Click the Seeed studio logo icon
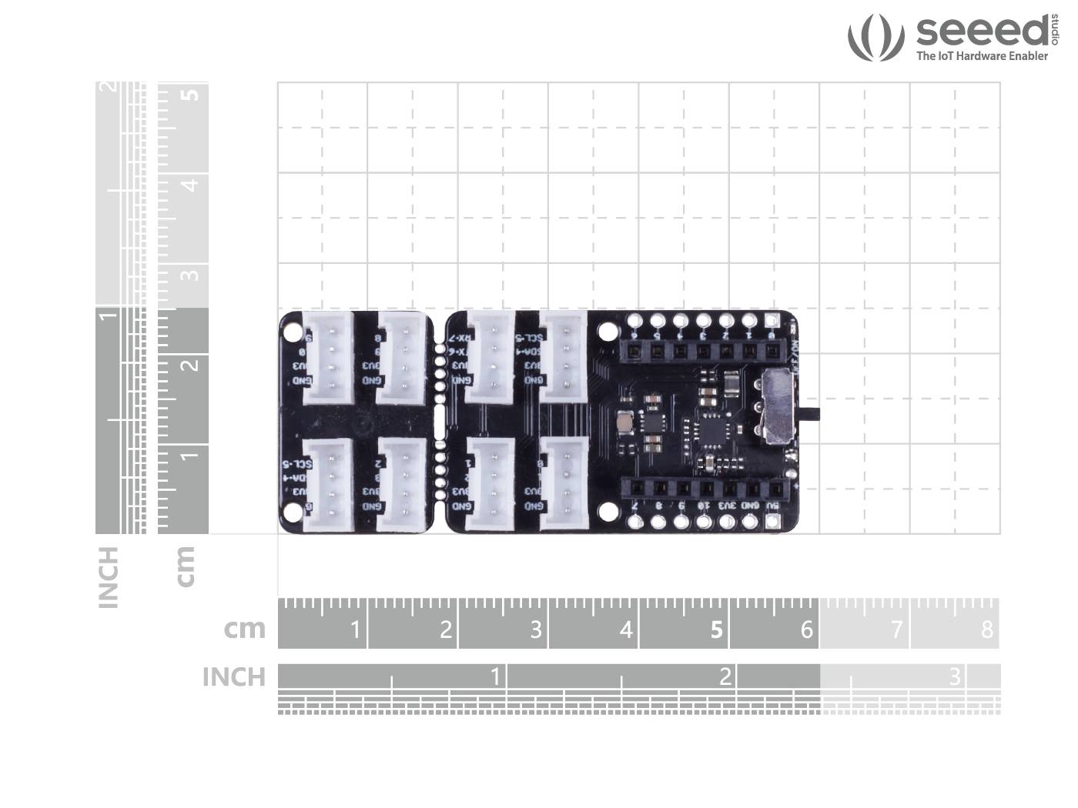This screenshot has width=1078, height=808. click(875, 37)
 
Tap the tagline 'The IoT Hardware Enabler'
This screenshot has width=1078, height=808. click(982, 56)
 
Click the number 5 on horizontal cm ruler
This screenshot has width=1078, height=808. click(716, 630)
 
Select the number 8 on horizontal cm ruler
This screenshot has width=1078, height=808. click(987, 630)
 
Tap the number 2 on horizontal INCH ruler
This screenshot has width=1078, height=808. click(725, 676)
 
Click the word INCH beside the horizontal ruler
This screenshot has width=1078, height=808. click(233, 677)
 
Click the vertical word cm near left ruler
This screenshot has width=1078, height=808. click(185, 566)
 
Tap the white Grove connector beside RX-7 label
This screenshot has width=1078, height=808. click(490, 359)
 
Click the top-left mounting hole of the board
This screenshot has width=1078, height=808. click(293, 332)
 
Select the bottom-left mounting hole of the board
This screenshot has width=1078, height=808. click(293, 511)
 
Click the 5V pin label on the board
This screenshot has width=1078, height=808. click(772, 506)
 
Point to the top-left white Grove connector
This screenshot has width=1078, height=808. click(328, 358)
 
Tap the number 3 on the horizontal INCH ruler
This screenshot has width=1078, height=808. click(955, 676)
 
